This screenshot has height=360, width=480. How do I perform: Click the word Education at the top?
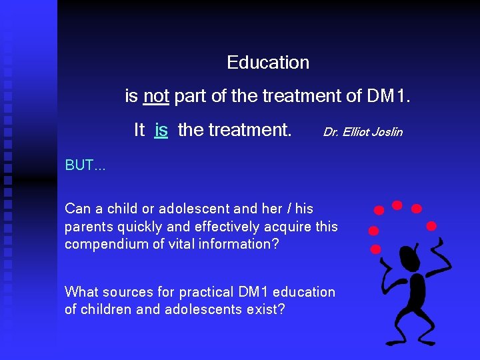[x=268, y=63]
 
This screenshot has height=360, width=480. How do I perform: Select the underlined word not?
[x=156, y=97]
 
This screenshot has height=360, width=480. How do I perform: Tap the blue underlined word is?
[x=161, y=130]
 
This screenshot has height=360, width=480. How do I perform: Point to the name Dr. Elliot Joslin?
[x=363, y=132]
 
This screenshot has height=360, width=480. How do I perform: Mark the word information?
[x=240, y=244]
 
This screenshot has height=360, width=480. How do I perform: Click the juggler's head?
[x=408, y=257]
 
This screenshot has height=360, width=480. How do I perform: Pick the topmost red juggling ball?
[x=397, y=204]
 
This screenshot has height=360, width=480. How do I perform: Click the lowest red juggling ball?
[x=375, y=249]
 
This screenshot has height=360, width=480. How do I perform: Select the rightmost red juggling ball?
[x=431, y=225]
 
